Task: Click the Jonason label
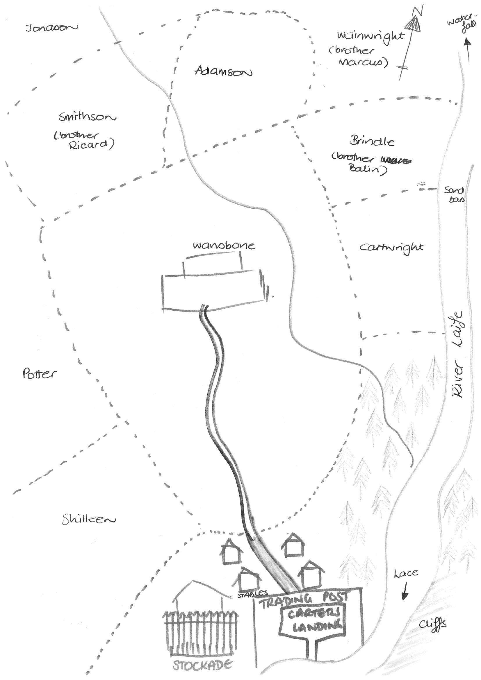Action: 51,28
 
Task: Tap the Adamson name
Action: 223,71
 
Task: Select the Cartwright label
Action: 391,247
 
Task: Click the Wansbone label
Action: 224,246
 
